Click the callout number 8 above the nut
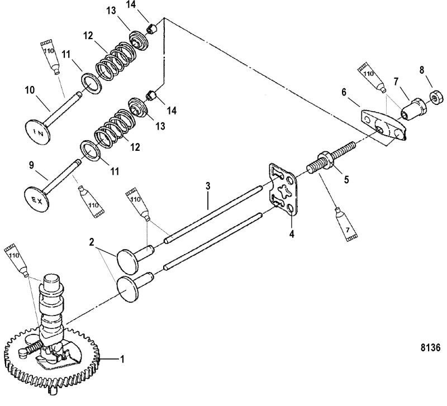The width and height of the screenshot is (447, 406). pyautogui.click(x=421, y=71)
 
